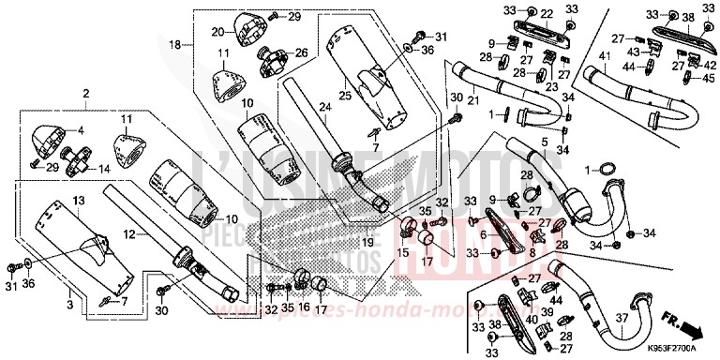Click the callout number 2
click(85, 94)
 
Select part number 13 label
click(79, 202)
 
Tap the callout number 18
click(174, 45)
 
